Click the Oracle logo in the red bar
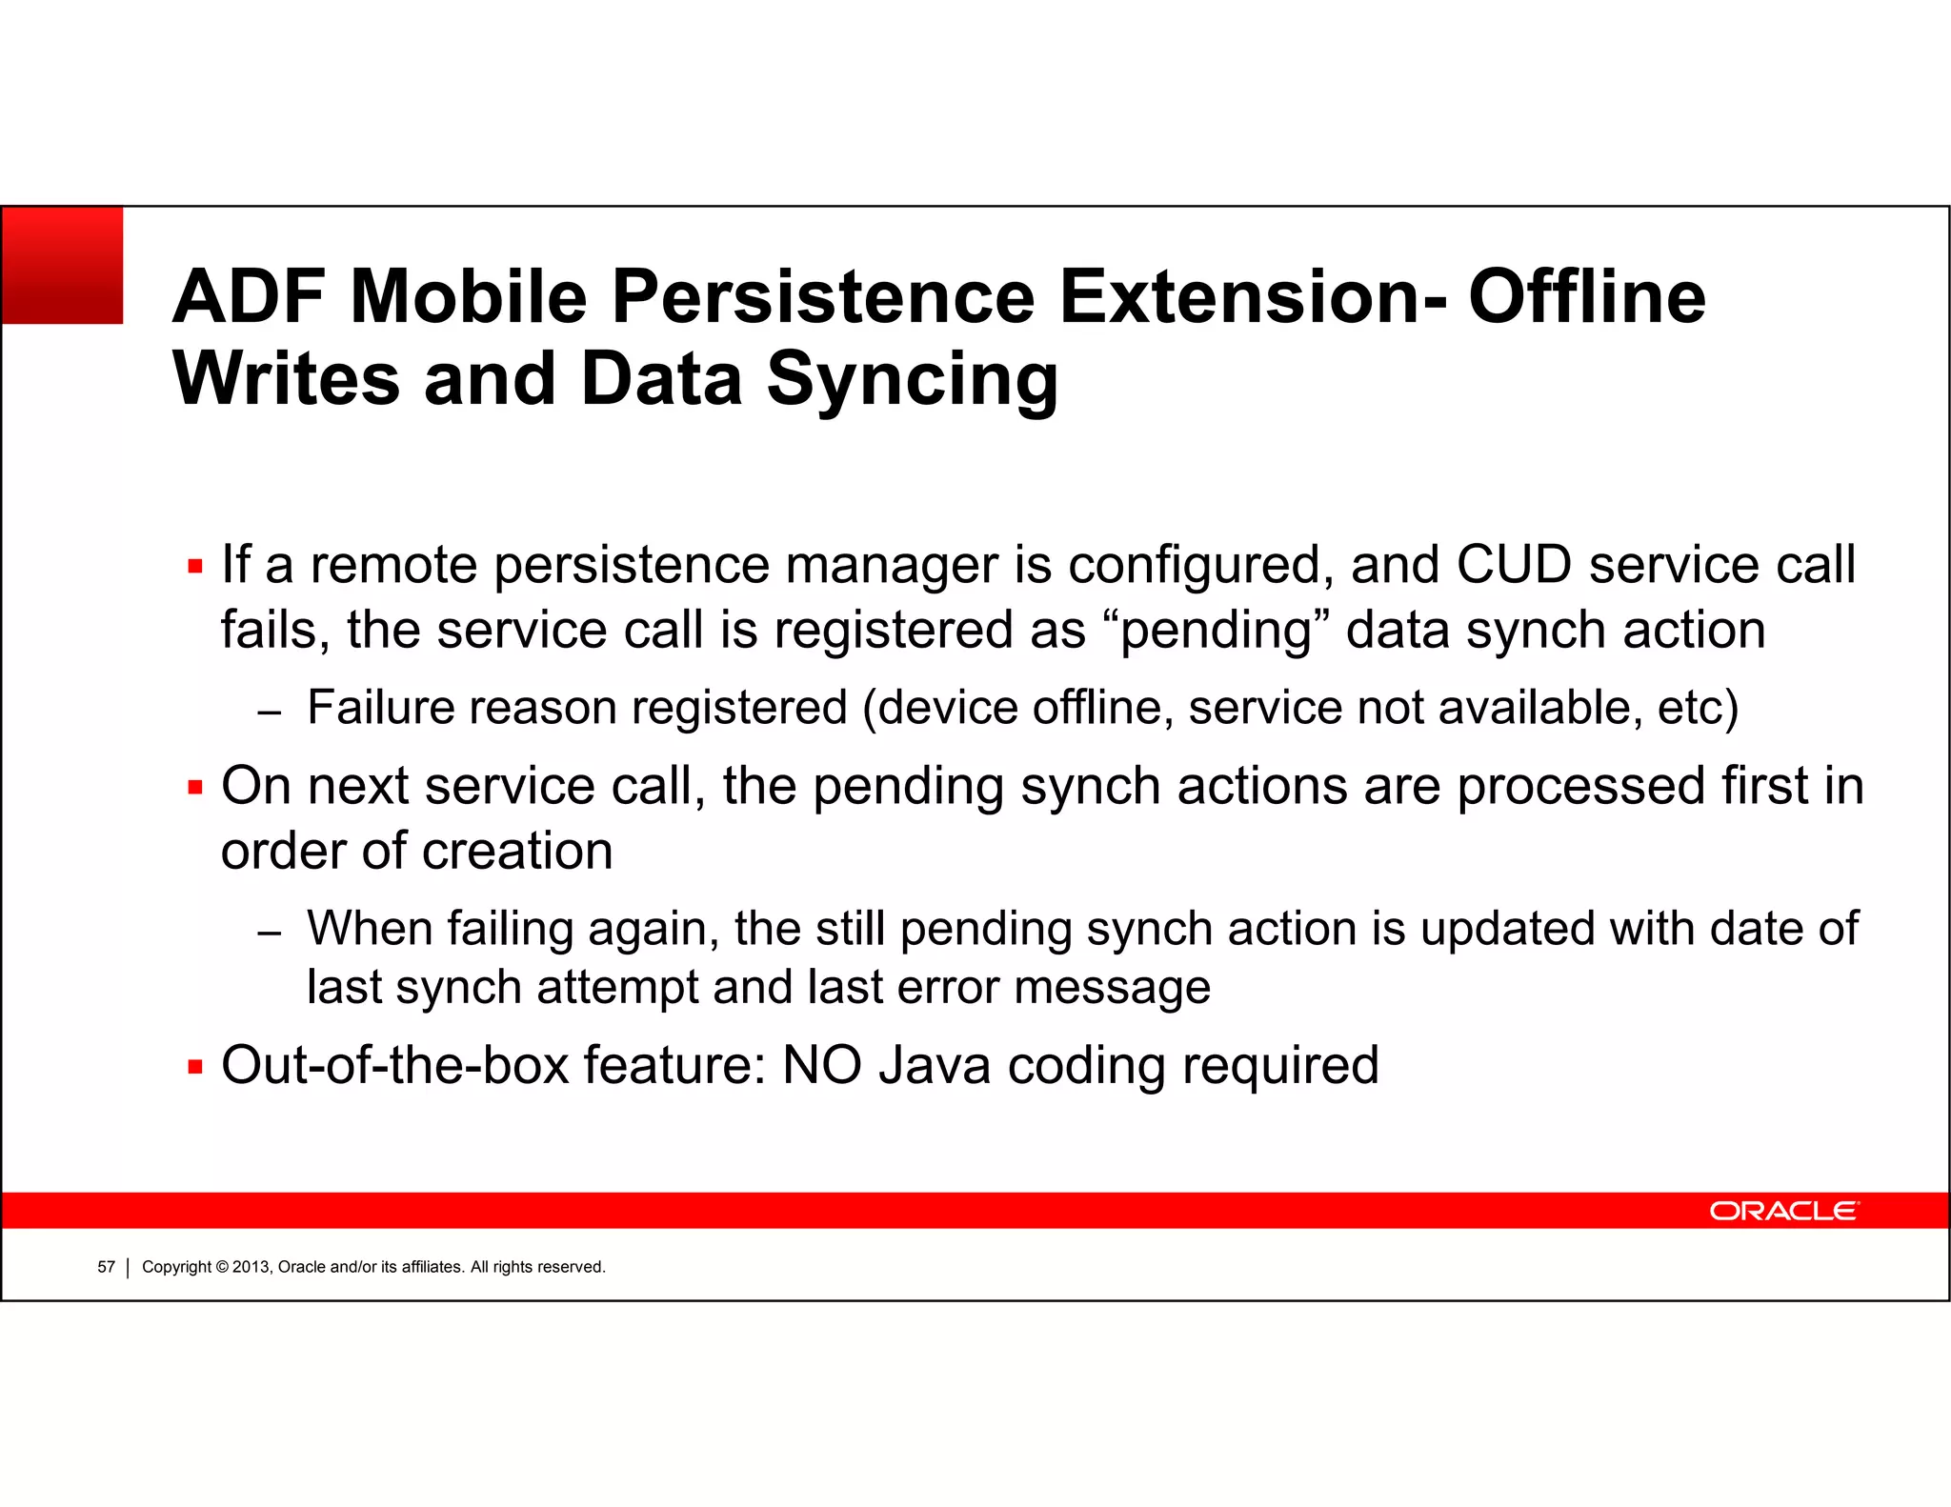click(x=1783, y=1211)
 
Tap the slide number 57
click(x=106, y=1267)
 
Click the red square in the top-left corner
click(x=63, y=266)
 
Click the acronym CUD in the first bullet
click(x=1513, y=564)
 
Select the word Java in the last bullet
click(x=935, y=1065)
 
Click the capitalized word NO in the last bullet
click(x=821, y=1065)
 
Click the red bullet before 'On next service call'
click(x=195, y=788)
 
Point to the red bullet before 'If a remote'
click(x=195, y=567)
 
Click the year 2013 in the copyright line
click(x=251, y=1267)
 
